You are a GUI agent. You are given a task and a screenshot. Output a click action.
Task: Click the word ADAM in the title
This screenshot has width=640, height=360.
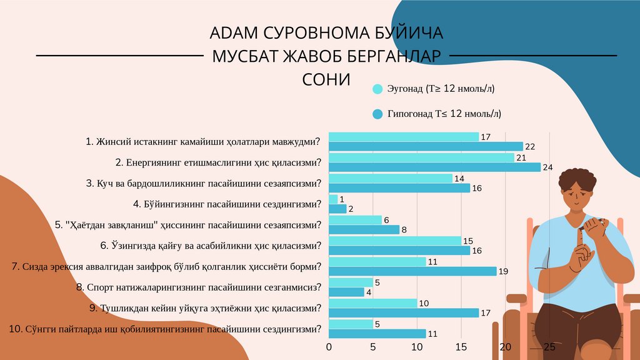233,32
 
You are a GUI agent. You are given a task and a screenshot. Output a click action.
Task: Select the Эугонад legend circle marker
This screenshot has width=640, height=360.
377,89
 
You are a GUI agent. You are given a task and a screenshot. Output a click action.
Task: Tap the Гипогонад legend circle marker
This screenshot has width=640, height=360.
377,114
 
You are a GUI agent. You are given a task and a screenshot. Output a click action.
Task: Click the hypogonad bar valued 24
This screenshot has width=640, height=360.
434,167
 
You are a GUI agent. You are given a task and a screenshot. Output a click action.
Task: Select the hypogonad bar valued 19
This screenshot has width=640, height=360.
412,271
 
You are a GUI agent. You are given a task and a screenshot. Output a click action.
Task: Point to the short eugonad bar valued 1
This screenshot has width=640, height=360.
333,199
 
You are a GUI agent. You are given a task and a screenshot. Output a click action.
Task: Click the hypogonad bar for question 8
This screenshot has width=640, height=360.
346,292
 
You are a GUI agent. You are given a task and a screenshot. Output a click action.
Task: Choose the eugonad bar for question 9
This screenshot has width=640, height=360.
372,303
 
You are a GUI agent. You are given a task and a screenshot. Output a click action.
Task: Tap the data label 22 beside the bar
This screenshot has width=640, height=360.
530,147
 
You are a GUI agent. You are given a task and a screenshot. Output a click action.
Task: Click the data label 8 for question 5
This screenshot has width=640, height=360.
404,230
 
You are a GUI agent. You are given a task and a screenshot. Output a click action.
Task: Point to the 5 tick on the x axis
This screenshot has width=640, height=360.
373,347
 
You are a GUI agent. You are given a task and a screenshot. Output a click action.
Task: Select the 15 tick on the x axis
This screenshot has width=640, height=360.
461,347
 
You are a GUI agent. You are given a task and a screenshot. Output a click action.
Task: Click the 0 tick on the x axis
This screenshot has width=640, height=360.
329,347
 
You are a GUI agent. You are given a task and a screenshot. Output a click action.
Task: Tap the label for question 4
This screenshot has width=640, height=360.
227,204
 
